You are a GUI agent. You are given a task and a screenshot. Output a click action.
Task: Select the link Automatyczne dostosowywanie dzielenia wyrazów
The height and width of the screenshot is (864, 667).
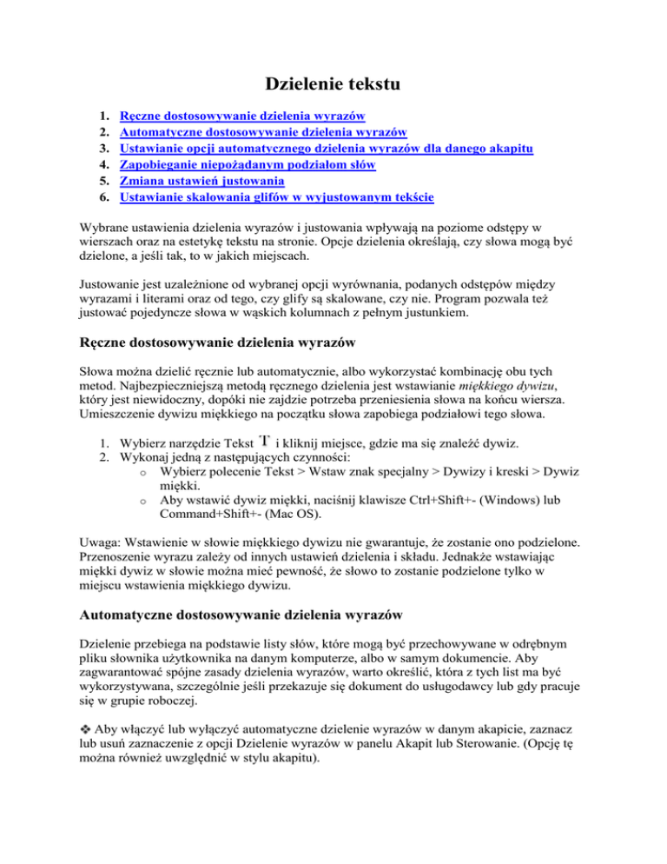pyautogui.click(x=263, y=133)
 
